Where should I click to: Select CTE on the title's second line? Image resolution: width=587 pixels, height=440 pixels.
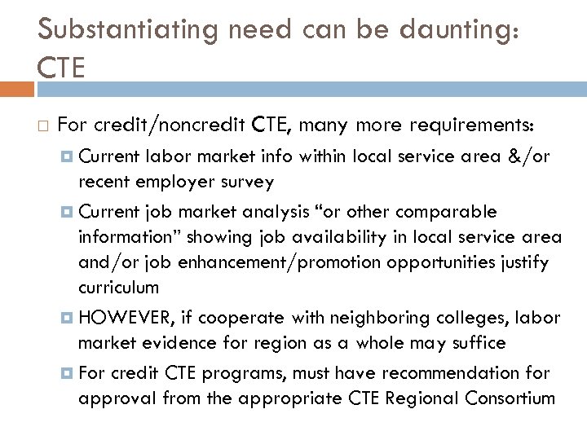(x=61, y=67)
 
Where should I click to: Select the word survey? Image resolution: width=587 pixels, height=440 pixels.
(x=247, y=181)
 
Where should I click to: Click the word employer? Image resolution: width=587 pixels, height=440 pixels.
(x=177, y=181)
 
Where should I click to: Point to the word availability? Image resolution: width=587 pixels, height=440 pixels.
(x=265, y=237)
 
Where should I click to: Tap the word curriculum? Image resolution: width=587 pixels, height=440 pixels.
(x=119, y=288)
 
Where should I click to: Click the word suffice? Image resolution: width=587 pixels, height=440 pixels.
(x=475, y=343)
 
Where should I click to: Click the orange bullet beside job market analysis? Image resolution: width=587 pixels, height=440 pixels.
(x=67, y=212)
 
